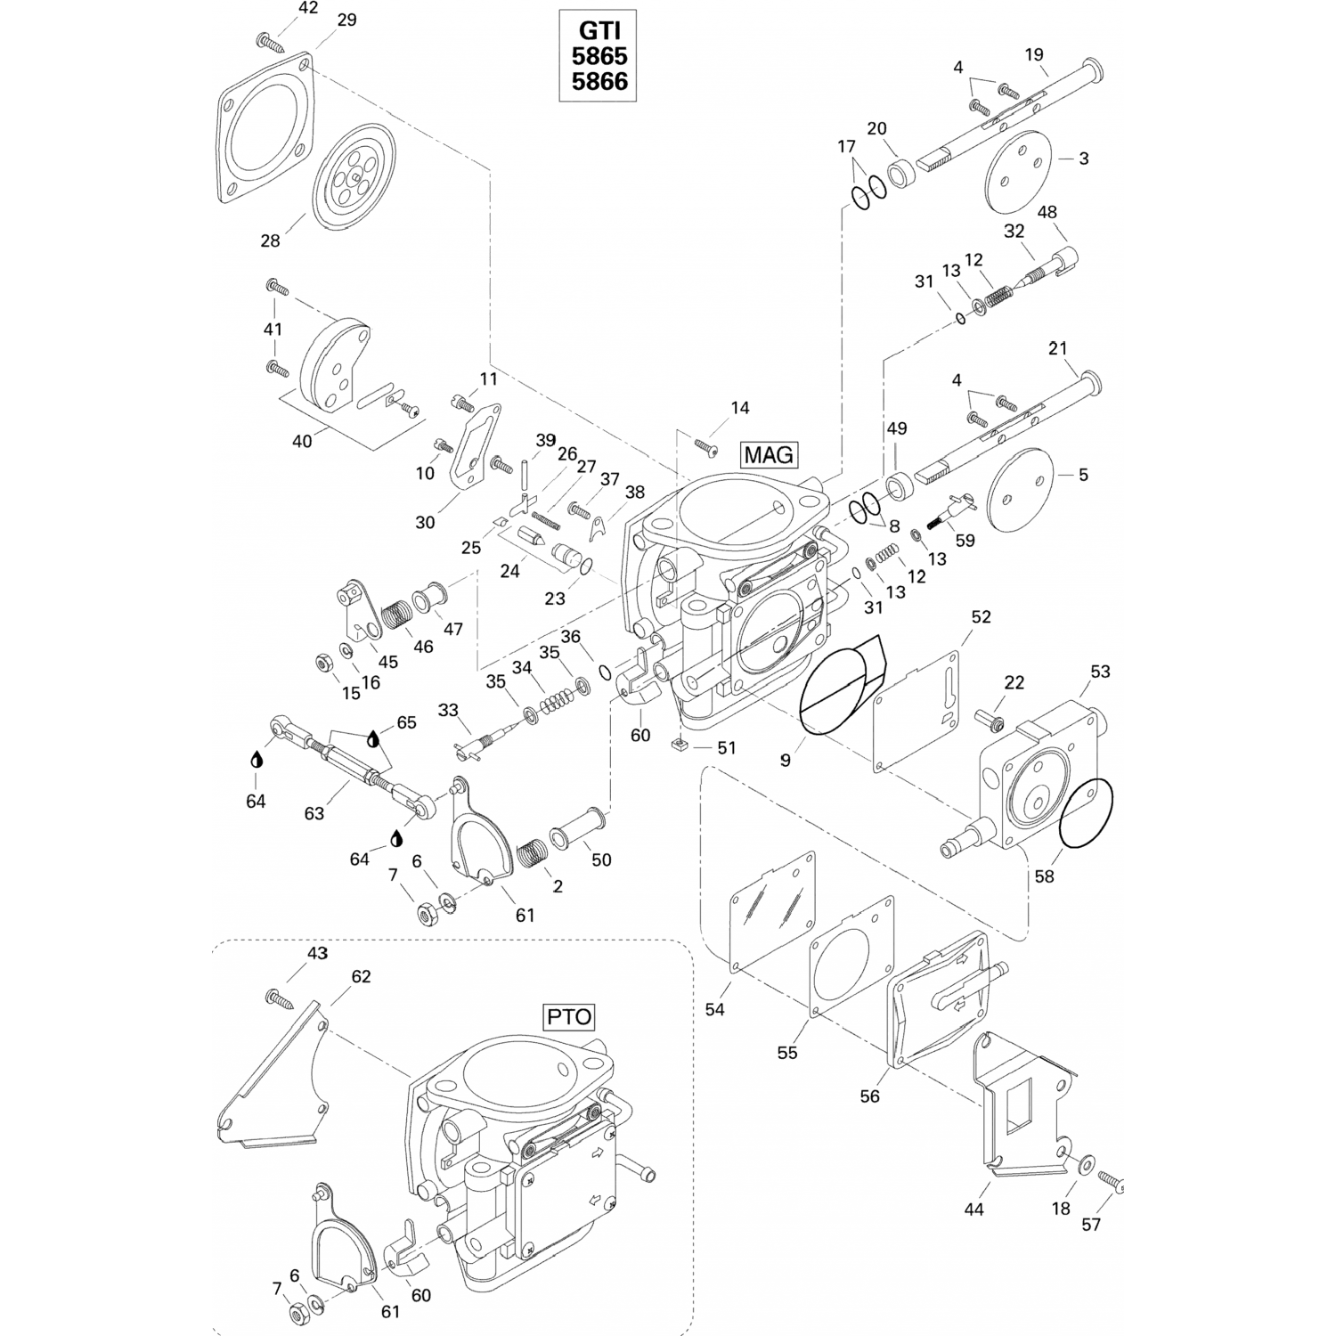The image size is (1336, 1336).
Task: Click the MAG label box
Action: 769,455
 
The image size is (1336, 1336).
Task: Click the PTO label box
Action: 568,1017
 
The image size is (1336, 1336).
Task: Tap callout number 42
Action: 307,8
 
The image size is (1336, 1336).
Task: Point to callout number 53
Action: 1100,672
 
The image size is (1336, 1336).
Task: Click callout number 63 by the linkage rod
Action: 314,813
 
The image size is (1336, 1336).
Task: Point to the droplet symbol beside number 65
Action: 373,738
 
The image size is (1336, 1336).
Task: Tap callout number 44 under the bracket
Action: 973,1210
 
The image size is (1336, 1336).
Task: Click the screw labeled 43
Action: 279,998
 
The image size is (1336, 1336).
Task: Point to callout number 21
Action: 1057,348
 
